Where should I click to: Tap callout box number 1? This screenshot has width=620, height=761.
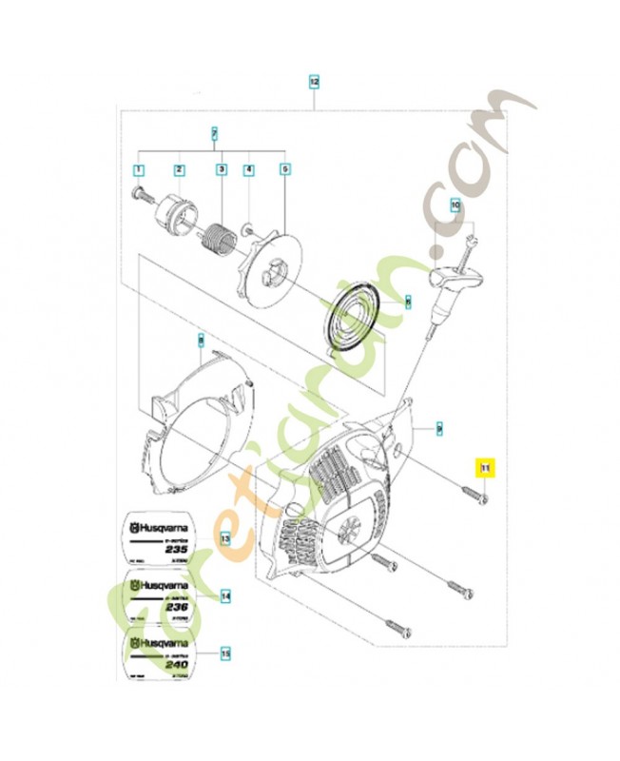(x=138, y=171)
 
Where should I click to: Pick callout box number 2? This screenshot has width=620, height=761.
(x=179, y=171)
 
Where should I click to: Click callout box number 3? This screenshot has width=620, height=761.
(x=221, y=171)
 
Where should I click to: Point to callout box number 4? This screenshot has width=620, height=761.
(x=248, y=171)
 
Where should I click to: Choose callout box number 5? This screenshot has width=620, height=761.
(x=284, y=171)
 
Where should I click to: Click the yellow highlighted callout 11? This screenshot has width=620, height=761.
(x=485, y=467)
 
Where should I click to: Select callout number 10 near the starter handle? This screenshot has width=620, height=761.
(x=455, y=205)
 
